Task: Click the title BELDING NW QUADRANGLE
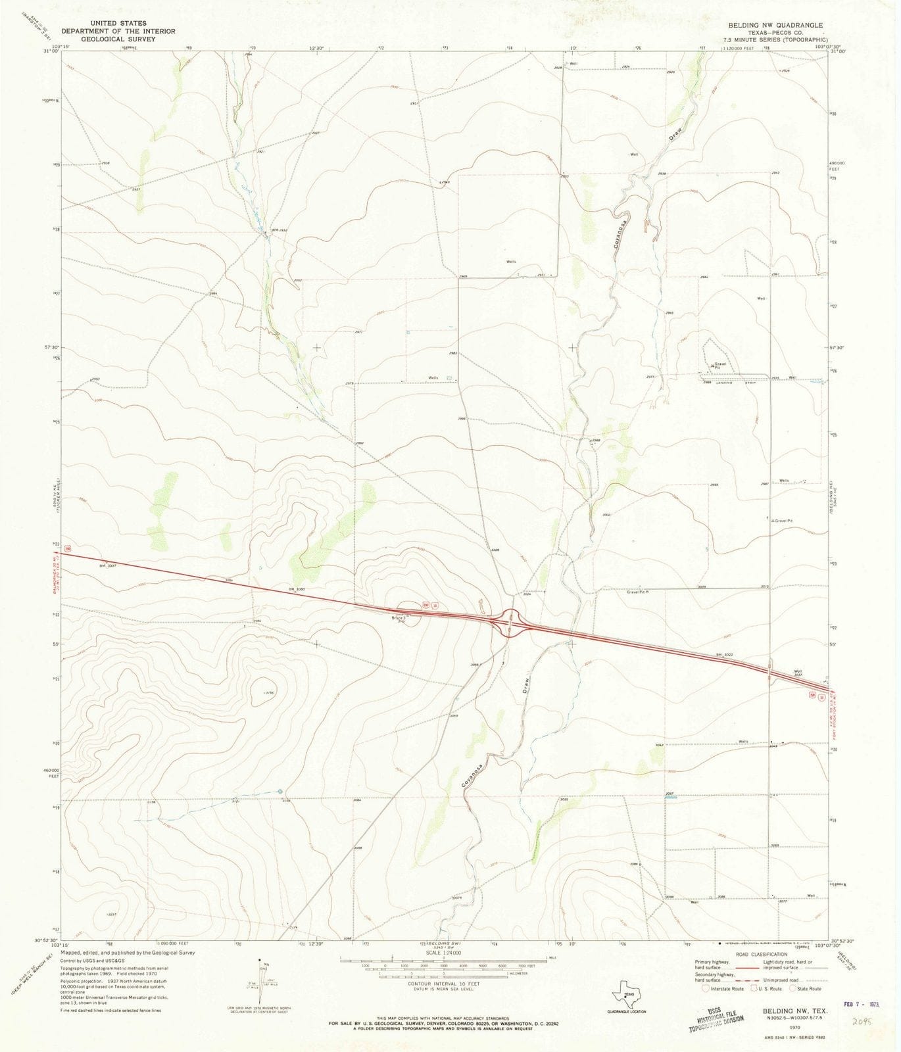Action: (775, 25)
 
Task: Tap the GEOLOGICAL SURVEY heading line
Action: (118, 39)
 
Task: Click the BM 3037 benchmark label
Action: (107, 565)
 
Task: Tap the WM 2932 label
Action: (280, 231)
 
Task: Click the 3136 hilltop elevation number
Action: (269, 692)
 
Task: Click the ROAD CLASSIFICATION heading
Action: (762, 954)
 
